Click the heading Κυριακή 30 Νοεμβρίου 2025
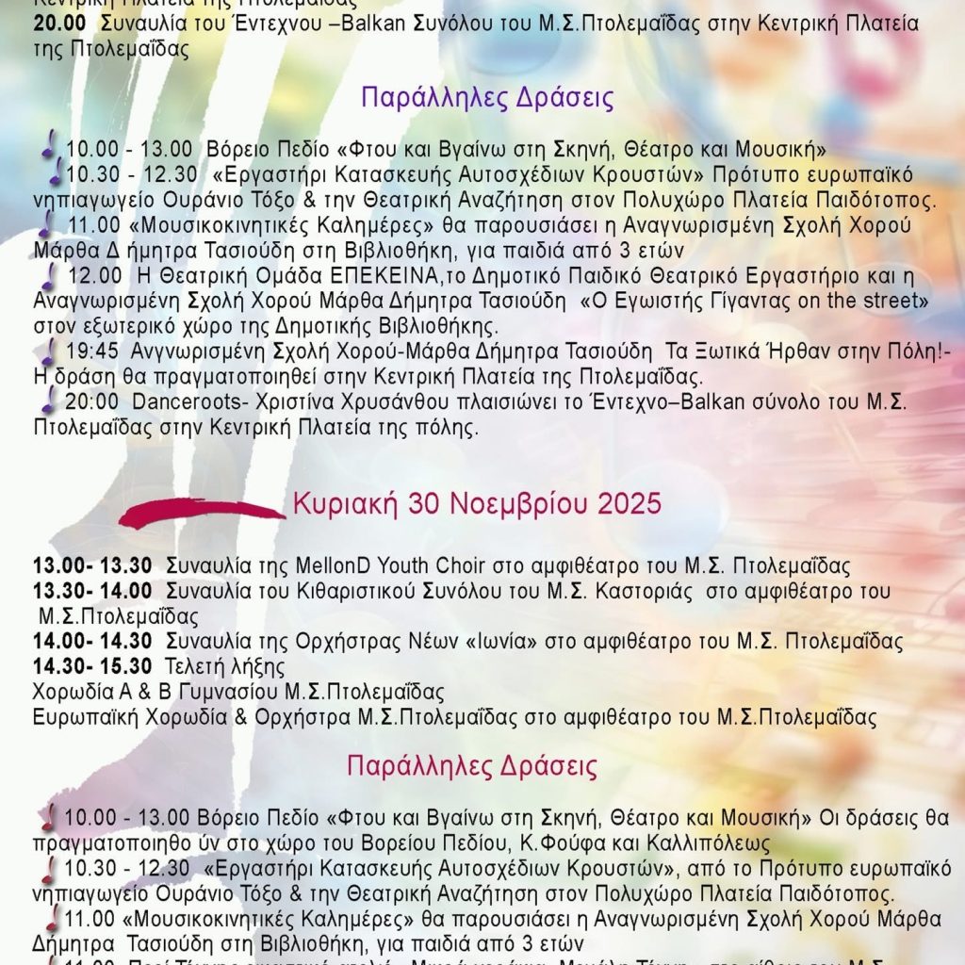[x=477, y=504]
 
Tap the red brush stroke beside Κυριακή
[x=202, y=513]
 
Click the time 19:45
[x=92, y=352]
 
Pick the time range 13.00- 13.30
[x=92, y=566]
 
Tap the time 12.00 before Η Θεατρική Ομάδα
[x=94, y=275]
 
